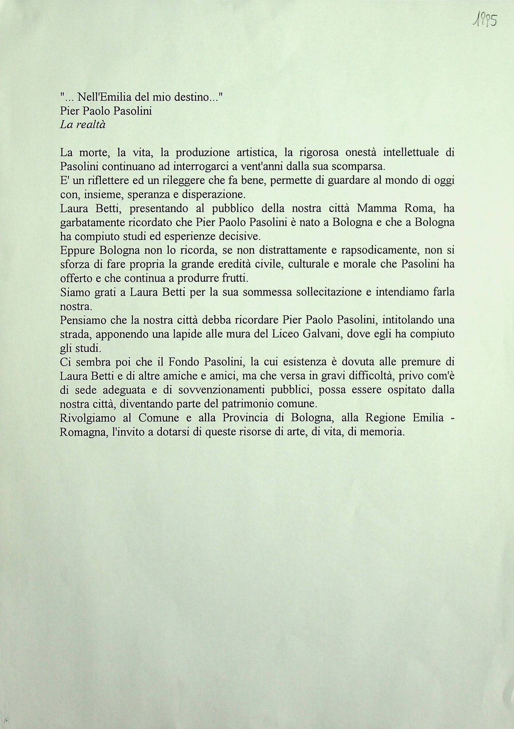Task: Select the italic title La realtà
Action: (x=83, y=125)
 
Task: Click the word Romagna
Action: (x=83, y=432)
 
